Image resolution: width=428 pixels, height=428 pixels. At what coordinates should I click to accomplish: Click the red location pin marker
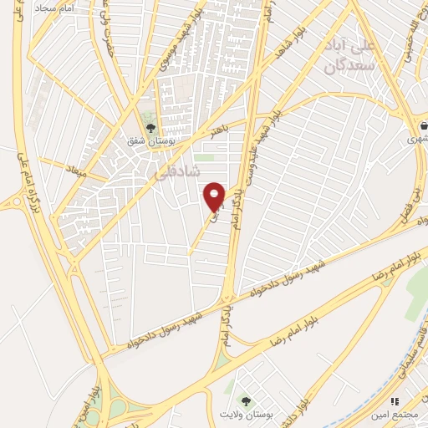[x=215, y=196]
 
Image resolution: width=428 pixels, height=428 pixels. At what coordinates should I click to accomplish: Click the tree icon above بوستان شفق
[x=150, y=128]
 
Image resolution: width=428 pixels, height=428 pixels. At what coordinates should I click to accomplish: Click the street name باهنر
[x=220, y=131]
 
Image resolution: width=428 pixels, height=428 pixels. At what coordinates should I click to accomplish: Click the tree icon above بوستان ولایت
[x=245, y=402]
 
